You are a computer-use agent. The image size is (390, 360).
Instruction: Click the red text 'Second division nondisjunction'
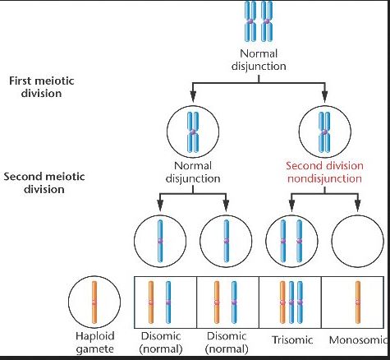(x=324, y=173)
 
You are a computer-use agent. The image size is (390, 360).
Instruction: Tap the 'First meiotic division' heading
(x=42, y=87)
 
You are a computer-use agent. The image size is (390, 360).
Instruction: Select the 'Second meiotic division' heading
(x=44, y=182)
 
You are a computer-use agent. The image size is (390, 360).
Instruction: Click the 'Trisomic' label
(x=292, y=340)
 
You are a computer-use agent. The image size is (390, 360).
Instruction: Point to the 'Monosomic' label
(x=358, y=340)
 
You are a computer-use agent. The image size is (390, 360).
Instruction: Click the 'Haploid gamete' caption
(x=94, y=343)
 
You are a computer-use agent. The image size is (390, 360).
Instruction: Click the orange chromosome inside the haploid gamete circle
(x=94, y=302)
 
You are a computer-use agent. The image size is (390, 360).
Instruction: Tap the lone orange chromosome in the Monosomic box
(x=358, y=302)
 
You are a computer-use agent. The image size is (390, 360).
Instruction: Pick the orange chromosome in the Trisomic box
(x=282, y=302)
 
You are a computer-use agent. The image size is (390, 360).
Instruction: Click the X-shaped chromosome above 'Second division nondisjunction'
(x=324, y=132)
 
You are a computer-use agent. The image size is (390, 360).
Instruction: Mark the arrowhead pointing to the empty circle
(x=357, y=206)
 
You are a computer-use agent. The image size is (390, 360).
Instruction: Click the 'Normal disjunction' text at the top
(x=259, y=60)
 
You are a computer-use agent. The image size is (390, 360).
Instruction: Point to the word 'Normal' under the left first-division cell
(x=193, y=166)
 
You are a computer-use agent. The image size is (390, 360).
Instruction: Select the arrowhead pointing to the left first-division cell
(x=193, y=96)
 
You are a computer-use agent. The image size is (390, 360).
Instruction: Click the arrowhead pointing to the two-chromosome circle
(x=291, y=206)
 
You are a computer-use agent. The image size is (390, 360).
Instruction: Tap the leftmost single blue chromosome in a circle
(x=160, y=241)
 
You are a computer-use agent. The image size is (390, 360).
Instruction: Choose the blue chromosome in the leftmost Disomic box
(x=168, y=302)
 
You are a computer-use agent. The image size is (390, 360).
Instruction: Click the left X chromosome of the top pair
(x=250, y=21)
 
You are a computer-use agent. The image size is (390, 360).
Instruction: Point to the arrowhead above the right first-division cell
(x=324, y=96)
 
